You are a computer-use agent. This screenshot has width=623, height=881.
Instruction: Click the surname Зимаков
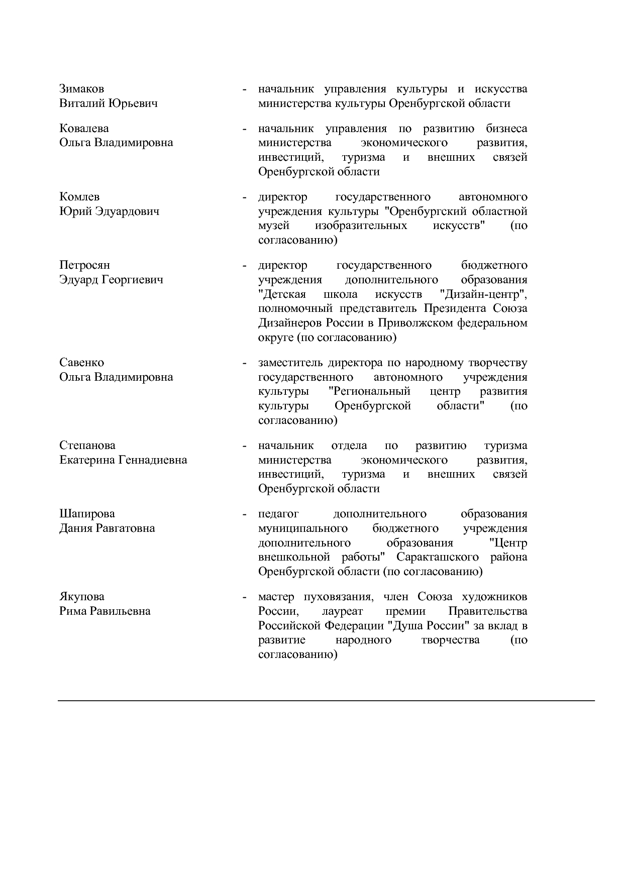pos(81,89)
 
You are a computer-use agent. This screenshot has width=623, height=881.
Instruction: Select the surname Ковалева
pos(84,129)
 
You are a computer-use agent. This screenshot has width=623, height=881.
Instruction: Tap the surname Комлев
pos(79,197)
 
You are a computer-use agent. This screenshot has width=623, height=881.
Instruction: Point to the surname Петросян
pos(84,265)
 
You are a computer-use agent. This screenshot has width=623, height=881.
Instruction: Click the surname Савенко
pos(81,363)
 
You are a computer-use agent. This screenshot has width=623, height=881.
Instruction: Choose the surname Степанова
pos(87,446)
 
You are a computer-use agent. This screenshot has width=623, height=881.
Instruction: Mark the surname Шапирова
pos(87,514)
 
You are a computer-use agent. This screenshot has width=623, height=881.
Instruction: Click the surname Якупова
pos(82,597)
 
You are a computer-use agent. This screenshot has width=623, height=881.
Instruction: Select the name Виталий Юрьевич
pos(108,103)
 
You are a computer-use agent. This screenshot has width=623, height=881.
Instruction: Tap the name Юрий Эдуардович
pos(109,211)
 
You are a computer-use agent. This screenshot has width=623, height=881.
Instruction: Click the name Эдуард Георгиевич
pos(111,280)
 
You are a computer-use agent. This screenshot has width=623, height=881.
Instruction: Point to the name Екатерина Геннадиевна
pos(123,460)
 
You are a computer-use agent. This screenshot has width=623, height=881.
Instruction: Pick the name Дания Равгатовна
pos(107,528)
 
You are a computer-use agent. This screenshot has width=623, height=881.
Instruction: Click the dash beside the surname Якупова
pos(244,597)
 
